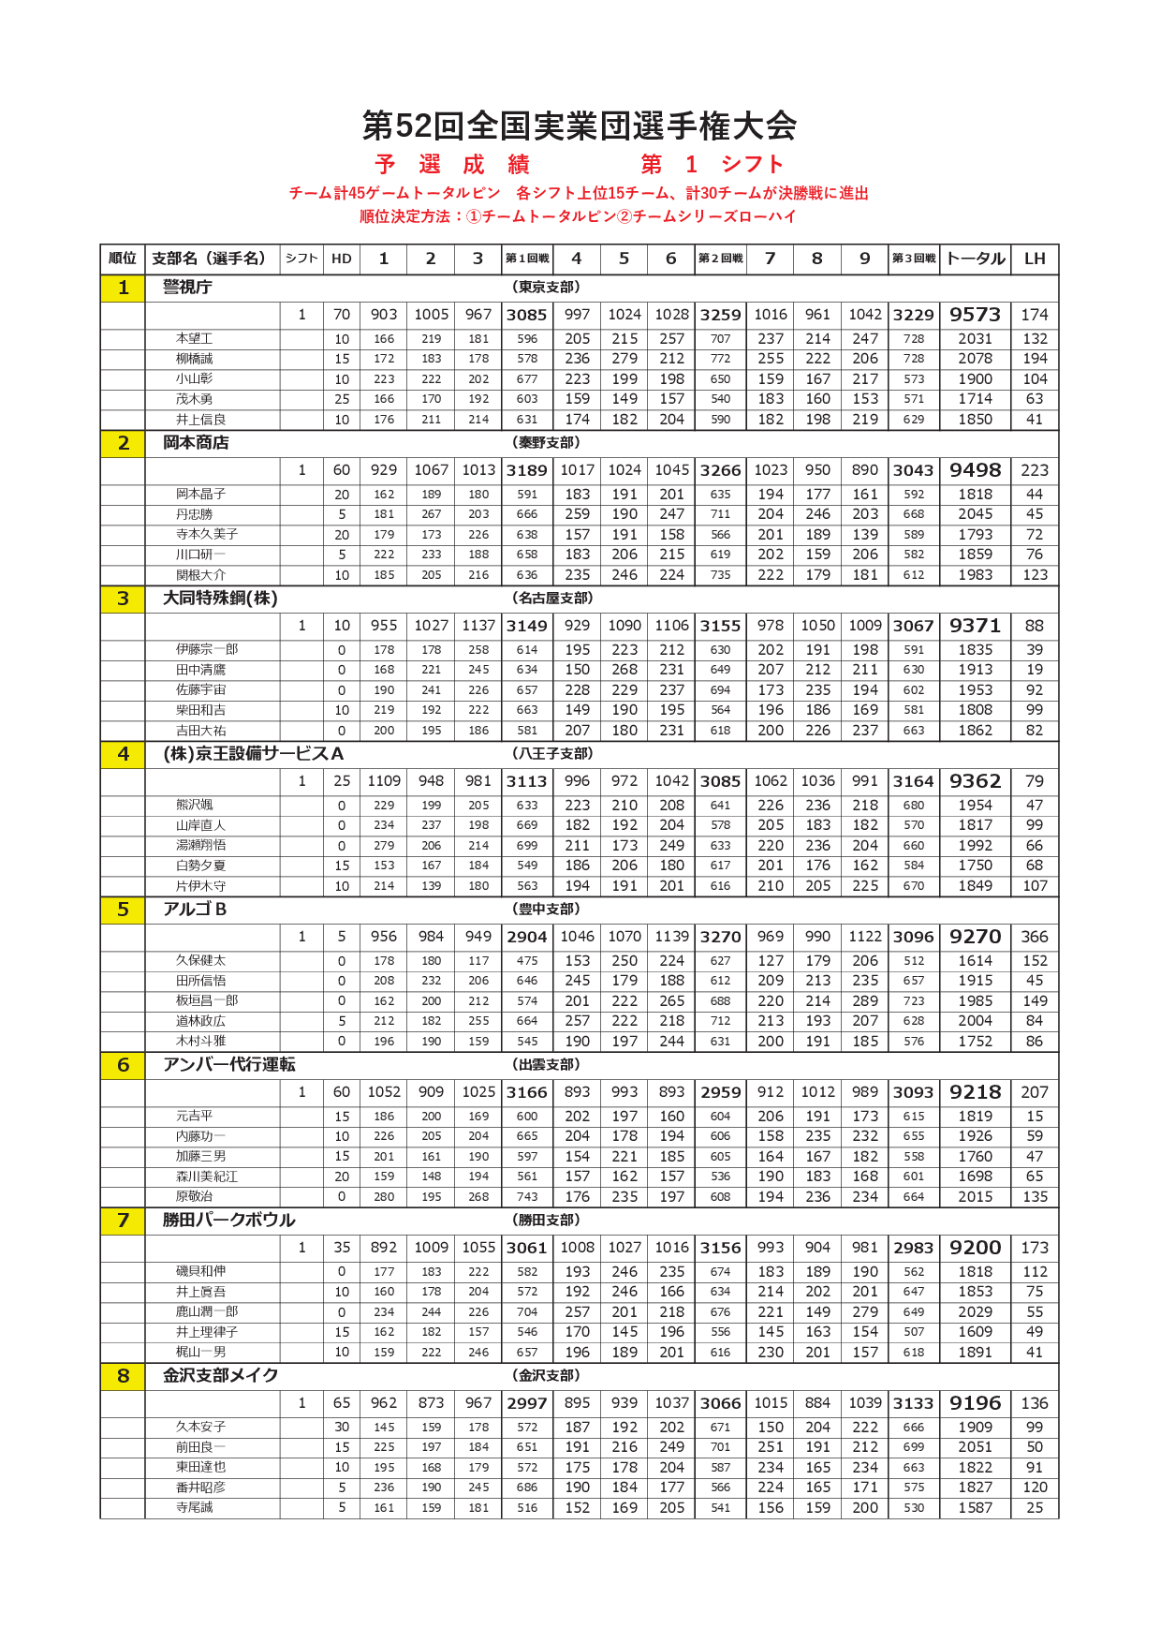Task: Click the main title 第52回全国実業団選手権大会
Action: coord(580,126)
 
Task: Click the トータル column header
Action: coord(975,259)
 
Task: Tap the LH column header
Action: coord(1034,259)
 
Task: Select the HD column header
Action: coord(342,259)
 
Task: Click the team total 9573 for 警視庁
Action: coord(975,315)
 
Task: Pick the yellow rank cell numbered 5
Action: coord(123,910)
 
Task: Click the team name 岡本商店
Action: coord(196,443)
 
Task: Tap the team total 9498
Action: coord(975,470)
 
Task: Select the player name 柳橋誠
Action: coord(195,359)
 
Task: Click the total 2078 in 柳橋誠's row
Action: coord(975,359)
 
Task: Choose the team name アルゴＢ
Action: coord(195,910)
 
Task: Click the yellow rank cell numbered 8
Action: coord(123,1376)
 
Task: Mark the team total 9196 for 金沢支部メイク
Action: coord(975,1403)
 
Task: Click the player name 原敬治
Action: coord(195,1196)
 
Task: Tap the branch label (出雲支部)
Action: coord(547,1065)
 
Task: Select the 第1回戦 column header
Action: coord(527,259)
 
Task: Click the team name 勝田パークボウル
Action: coord(228,1221)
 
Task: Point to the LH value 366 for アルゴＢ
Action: coord(1034,937)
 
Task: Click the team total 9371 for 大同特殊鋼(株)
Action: coord(975,626)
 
